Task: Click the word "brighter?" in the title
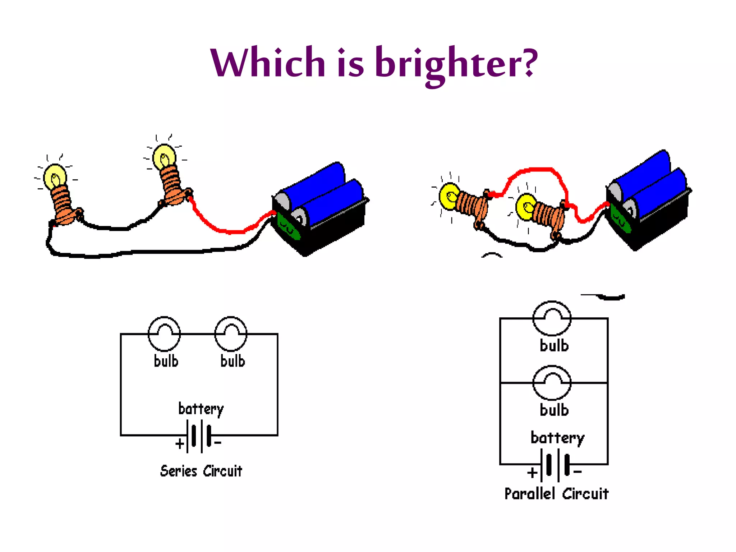[456, 64]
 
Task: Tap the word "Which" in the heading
[268, 63]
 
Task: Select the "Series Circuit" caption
[201, 471]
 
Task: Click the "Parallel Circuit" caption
[556, 494]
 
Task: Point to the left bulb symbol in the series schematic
[164, 334]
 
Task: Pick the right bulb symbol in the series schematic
[231, 334]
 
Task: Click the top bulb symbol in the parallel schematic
[552, 318]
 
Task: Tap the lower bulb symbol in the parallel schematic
[552, 383]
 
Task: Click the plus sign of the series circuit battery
[180, 444]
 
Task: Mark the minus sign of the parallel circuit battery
[578, 472]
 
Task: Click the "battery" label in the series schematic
[201, 409]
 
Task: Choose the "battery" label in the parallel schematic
[557, 438]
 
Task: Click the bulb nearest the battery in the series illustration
[164, 157]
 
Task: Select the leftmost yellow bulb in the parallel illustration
[449, 196]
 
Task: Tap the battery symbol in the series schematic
[201, 436]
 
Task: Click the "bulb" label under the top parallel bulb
[554, 346]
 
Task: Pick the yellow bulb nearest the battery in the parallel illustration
[526, 207]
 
